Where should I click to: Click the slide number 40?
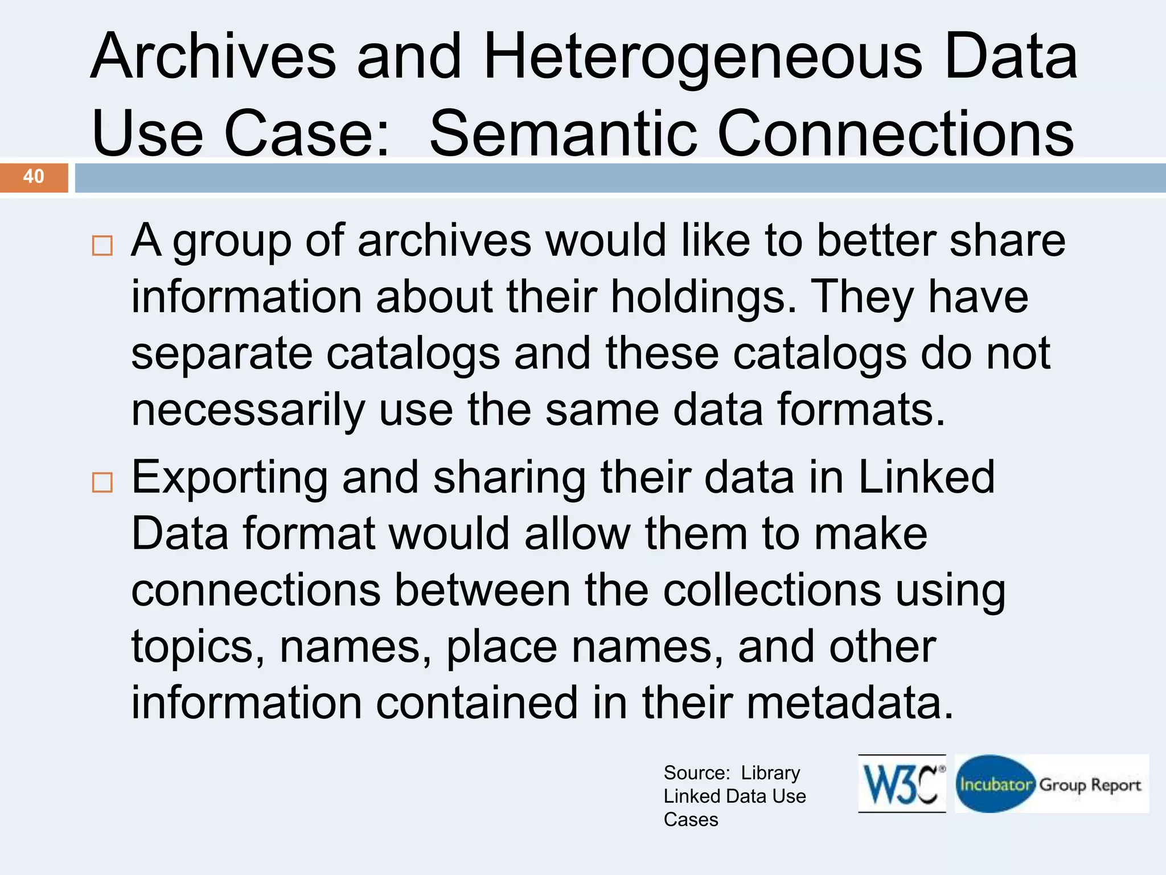click(x=34, y=177)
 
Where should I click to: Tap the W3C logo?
click(x=902, y=784)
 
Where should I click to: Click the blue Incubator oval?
click(x=995, y=784)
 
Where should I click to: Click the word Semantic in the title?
click(x=563, y=133)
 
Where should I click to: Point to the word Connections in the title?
click(x=895, y=133)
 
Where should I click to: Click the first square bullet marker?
click(x=102, y=246)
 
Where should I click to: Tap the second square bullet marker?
click(x=102, y=483)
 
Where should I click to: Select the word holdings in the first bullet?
click(x=704, y=297)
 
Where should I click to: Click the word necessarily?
click(x=248, y=410)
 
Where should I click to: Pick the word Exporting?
click(x=229, y=477)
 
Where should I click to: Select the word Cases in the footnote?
click(x=691, y=820)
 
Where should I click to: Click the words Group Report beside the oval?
click(x=1090, y=785)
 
